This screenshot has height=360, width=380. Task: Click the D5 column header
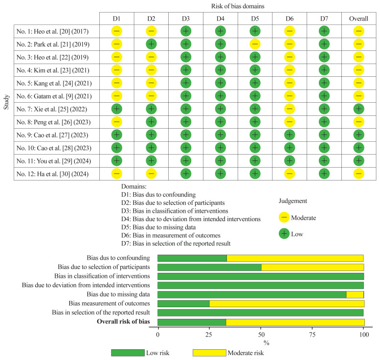tap(255, 19)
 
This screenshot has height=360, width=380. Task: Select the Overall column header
tap(359, 19)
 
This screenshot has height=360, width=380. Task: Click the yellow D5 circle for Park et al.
tap(255, 45)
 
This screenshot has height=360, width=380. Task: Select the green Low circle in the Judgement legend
tap(284, 234)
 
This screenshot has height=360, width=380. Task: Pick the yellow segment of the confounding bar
tap(295, 258)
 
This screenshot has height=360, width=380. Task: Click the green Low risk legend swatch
tap(128, 353)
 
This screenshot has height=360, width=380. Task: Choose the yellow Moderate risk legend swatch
tap(209, 353)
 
